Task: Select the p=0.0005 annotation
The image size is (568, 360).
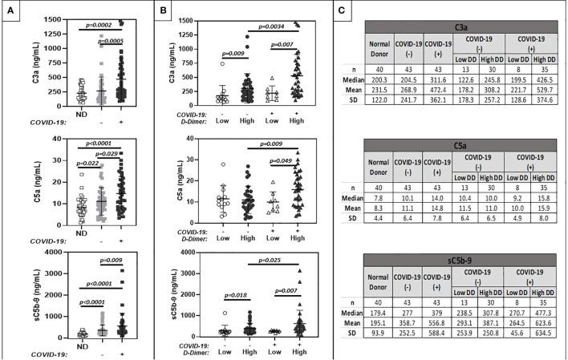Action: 112,41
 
